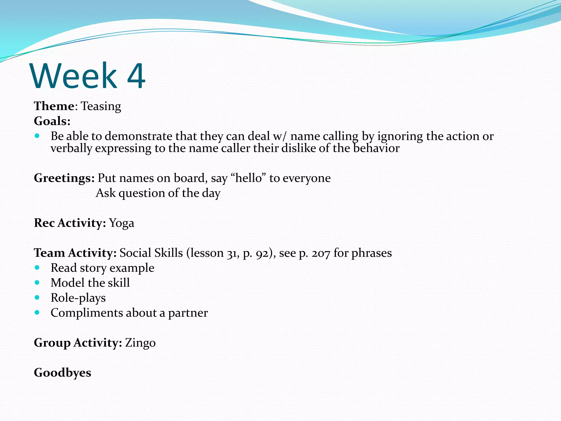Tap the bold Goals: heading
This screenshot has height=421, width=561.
click(x=52, y=121)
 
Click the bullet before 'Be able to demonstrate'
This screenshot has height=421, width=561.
click(x=37, y=136)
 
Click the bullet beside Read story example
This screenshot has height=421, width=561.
click(x=37, y=268)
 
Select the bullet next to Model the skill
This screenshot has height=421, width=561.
click(x=37, y=283)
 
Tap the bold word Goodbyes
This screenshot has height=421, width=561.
click(x=62, y=373)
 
